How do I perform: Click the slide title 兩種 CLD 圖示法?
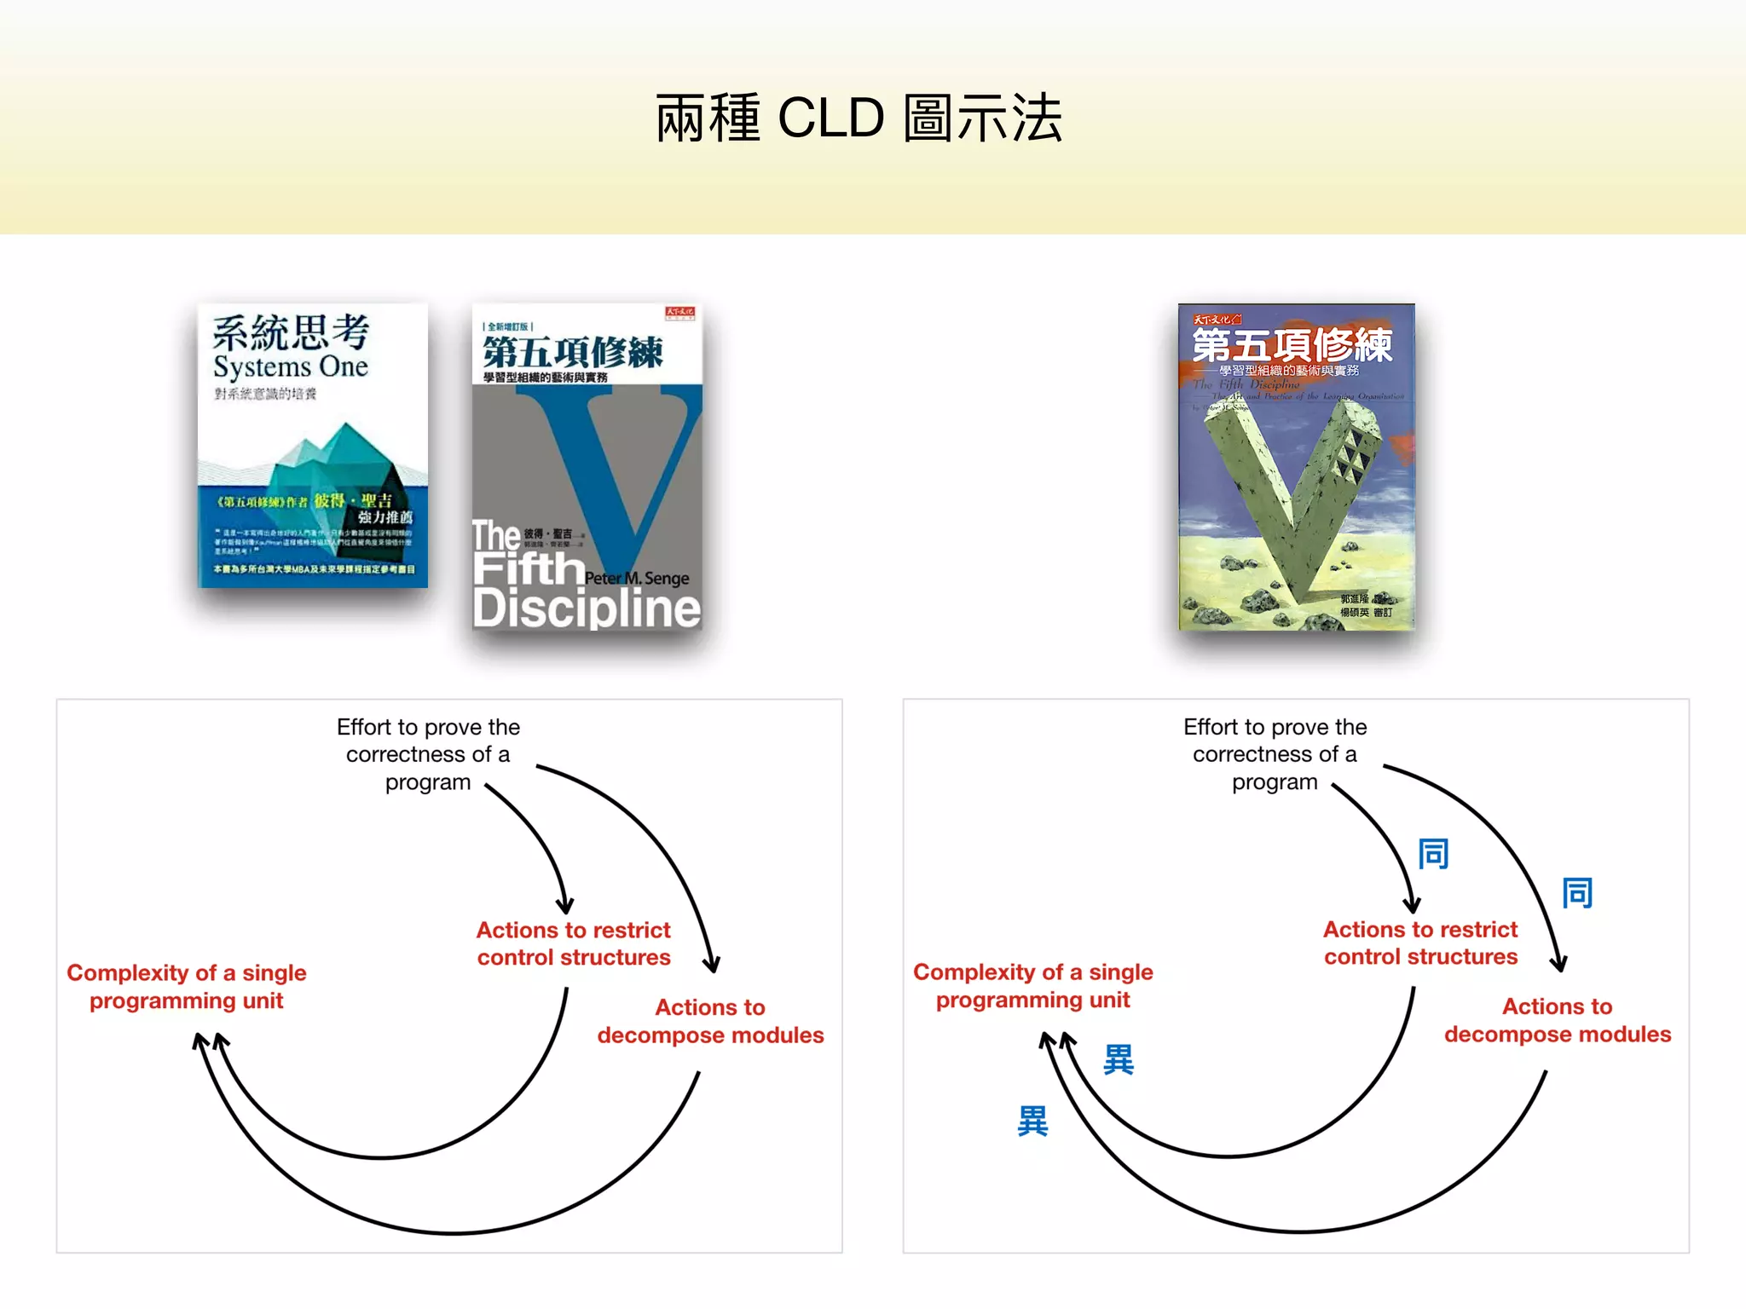click(x=859, y=118)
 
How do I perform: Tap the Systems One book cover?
click(x=313, y=446)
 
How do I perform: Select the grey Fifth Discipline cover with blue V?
click(x=587, y=467)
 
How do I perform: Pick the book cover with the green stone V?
click(x=1296, y=467)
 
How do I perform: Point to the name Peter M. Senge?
click(x=637, y=579)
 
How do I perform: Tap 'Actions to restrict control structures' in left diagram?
click(x=574, y=943)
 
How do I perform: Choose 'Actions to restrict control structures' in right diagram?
click(x=1420, y=943)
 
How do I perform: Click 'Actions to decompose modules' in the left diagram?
click(x=710, y=1021)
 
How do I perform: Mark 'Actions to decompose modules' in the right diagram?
click(x=1558, y=1020)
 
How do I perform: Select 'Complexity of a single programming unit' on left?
click(x=187, y=986)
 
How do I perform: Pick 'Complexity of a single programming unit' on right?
click(x=1033, y=985)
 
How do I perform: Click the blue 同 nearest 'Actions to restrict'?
click(x=1433, y=853)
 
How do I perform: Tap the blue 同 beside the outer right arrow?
click(x=1577, y=893)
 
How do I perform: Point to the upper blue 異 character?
click(x=1119, y=1059)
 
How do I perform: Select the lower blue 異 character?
click(x=1032, y=1121)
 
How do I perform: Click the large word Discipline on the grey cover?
click(x=587, y=608)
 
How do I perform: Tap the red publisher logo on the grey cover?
click(x=680, y=313)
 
